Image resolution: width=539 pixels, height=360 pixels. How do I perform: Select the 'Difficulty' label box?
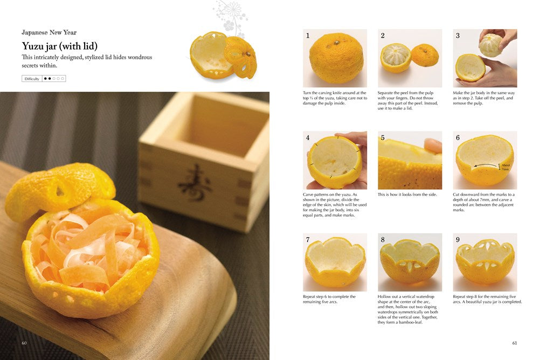[32, 79]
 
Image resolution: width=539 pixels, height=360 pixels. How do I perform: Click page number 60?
[24, 343]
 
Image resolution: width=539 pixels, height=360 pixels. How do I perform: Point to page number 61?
[514, 343]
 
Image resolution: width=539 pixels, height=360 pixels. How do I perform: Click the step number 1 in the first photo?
[308, 36]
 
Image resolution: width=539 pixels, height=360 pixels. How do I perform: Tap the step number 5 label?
[383, 138]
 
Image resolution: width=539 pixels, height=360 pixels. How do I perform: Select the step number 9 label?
[458, 240]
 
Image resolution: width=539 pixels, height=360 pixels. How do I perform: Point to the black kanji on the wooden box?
[195, 183]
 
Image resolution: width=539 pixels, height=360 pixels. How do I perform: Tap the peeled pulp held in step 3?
[491, 45]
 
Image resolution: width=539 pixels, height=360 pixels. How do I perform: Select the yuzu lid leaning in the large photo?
[59, 189]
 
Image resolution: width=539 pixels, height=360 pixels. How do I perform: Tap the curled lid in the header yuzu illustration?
[241, 57]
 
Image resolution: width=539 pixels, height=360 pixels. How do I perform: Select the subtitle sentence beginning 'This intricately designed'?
[87, 61]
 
